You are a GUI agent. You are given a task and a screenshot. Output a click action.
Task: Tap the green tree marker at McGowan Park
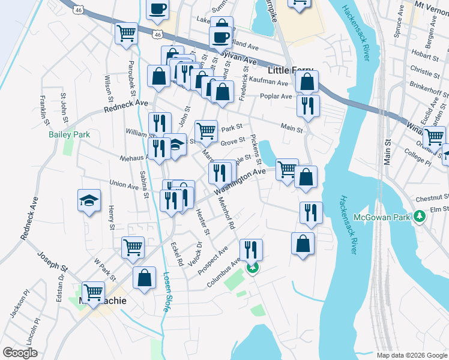pyautogui.click(x=421, y=216)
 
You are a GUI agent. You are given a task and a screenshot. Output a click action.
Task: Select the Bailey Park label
pyautogui.click(x=69, y=134)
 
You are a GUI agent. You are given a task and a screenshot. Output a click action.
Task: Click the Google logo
pyautogui.click(x=19, y=353)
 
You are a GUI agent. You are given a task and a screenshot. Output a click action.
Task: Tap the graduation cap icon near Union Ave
pyautogui.click(x=89, y=200)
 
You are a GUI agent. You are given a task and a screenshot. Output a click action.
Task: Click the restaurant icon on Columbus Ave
pyautogui.click(x=251, y=248)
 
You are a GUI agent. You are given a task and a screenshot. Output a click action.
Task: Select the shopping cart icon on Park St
pyautogui.click(x=206, y=130)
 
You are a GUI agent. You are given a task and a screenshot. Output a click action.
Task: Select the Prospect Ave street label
pyautogui.click(x=215, y=257)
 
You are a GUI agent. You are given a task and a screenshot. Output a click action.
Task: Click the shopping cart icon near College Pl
pyautogui.click(x=434, y=136)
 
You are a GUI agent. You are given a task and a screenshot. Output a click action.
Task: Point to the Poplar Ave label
pyautogui.click(x=276, y=96)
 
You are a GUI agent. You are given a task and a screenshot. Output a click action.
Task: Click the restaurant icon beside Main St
pyautogui.click(x=308, y=106)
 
